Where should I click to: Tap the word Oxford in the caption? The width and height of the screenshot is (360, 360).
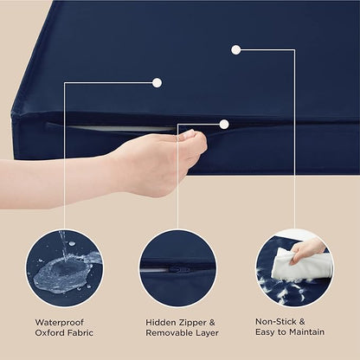click(x=48, y=332)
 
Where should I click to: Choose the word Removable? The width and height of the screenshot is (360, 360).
click(x=168, y=332)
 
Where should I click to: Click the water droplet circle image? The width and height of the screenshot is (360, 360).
click(x=64, y=268)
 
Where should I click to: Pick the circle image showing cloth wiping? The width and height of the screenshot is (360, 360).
click(x=293, y=268)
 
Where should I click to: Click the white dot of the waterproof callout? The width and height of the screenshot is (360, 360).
click(x=157, y=82)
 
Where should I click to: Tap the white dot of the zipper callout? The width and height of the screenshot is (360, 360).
click(x=223, y=124)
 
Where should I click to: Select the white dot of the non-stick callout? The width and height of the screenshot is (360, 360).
click(x=235, y=49)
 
